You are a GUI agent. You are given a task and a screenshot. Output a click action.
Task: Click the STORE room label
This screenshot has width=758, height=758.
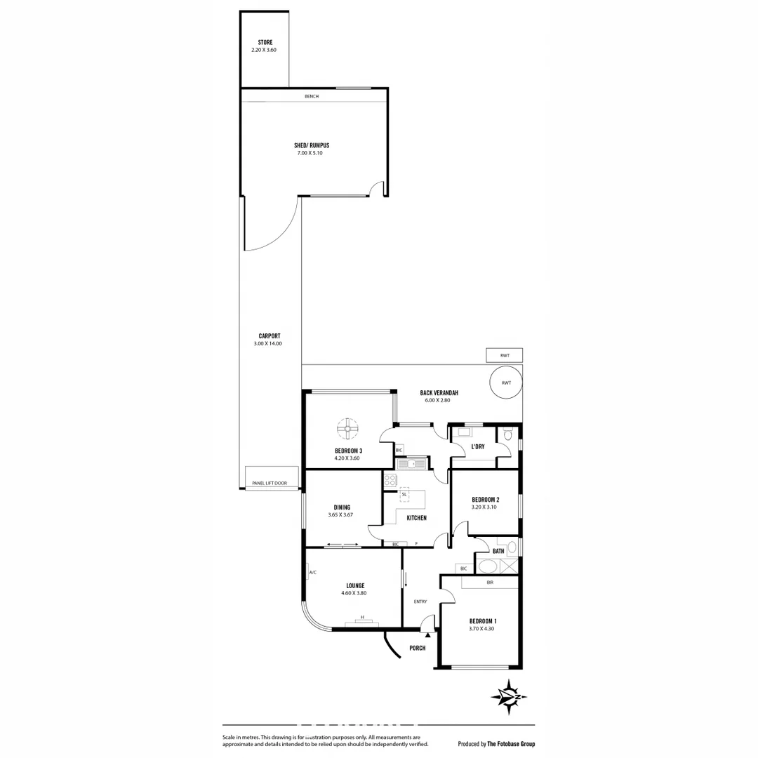point(265,43)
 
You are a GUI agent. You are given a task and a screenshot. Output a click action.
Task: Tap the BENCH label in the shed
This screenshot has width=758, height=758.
point(312,96)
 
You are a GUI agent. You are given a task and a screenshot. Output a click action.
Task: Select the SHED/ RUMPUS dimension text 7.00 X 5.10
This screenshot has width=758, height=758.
point(310,153)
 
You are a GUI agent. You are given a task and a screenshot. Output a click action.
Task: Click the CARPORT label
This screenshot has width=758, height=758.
point(269,336)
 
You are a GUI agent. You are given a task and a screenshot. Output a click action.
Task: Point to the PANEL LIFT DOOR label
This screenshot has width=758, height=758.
point(270,483)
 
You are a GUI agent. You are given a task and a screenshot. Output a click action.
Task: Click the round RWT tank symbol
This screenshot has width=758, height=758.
point(505,383)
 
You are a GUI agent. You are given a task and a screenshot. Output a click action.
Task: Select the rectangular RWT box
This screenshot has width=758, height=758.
point(505,356)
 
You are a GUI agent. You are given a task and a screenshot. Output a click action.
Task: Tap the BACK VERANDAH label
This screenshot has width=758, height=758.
point(439,393)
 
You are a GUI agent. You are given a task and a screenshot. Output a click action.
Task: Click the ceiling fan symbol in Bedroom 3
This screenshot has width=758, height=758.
point(347,427)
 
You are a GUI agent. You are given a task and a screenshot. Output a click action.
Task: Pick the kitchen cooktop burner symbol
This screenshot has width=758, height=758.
point(390,481)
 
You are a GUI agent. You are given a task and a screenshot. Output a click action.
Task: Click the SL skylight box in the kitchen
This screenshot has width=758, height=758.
point(404,494)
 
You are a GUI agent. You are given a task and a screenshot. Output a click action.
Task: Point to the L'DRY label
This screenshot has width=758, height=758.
point(478,446)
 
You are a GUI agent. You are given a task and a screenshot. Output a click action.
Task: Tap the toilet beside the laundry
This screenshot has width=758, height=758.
point(507,434)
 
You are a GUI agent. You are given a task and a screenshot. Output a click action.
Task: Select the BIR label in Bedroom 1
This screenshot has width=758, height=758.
point(490,583)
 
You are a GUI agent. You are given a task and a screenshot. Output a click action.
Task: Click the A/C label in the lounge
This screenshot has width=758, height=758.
point(312,573)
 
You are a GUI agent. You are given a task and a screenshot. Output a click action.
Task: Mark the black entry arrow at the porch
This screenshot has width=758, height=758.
point(427,634)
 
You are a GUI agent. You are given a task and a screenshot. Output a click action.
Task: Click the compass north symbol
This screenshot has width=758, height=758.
point(510,695)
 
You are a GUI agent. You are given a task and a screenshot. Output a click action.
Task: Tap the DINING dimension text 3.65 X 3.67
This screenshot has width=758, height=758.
point(340,515)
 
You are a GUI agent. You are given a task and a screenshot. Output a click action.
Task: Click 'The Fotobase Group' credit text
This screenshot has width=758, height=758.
point(510,744)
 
